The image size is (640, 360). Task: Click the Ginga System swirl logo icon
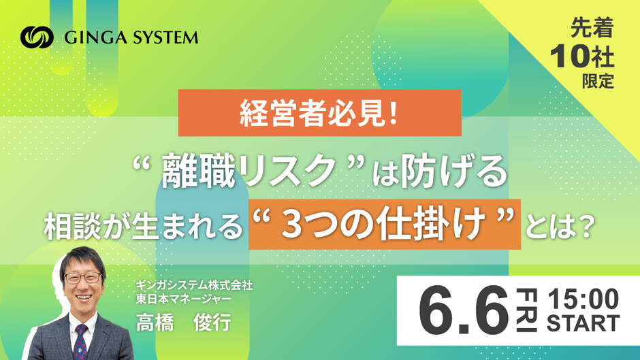[37, 37]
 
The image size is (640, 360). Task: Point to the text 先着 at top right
[592, 28]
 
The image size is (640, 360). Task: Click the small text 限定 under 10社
[598, 81]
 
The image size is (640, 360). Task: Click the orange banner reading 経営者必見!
[319, 113]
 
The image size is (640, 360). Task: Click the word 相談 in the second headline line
[72, 226]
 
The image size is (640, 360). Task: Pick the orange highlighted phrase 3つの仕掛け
[385, 224]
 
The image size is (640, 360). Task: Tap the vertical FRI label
[526, 310]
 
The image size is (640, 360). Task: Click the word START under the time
[583, 323]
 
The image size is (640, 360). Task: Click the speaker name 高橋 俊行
[184, 322]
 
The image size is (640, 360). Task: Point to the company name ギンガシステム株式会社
[194, 285]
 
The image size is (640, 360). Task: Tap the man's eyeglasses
[83, 278]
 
